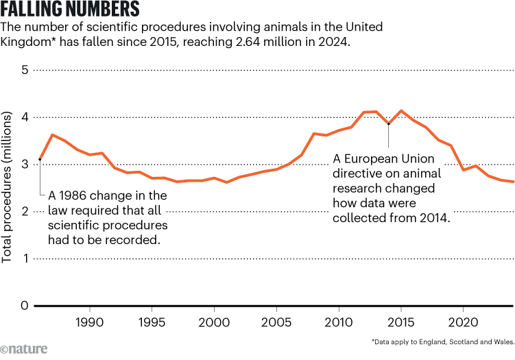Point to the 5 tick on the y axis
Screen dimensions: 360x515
point(25,70)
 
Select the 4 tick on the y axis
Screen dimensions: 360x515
point(25,117)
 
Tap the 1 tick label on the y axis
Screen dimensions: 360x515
point(25,259)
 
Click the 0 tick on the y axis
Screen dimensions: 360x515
point(25,306)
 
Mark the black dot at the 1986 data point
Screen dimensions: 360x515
point(40,159)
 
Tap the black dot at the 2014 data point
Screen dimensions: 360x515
point(389,124)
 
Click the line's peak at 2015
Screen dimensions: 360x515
point(401,111)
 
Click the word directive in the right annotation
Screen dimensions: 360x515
point(355,173)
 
